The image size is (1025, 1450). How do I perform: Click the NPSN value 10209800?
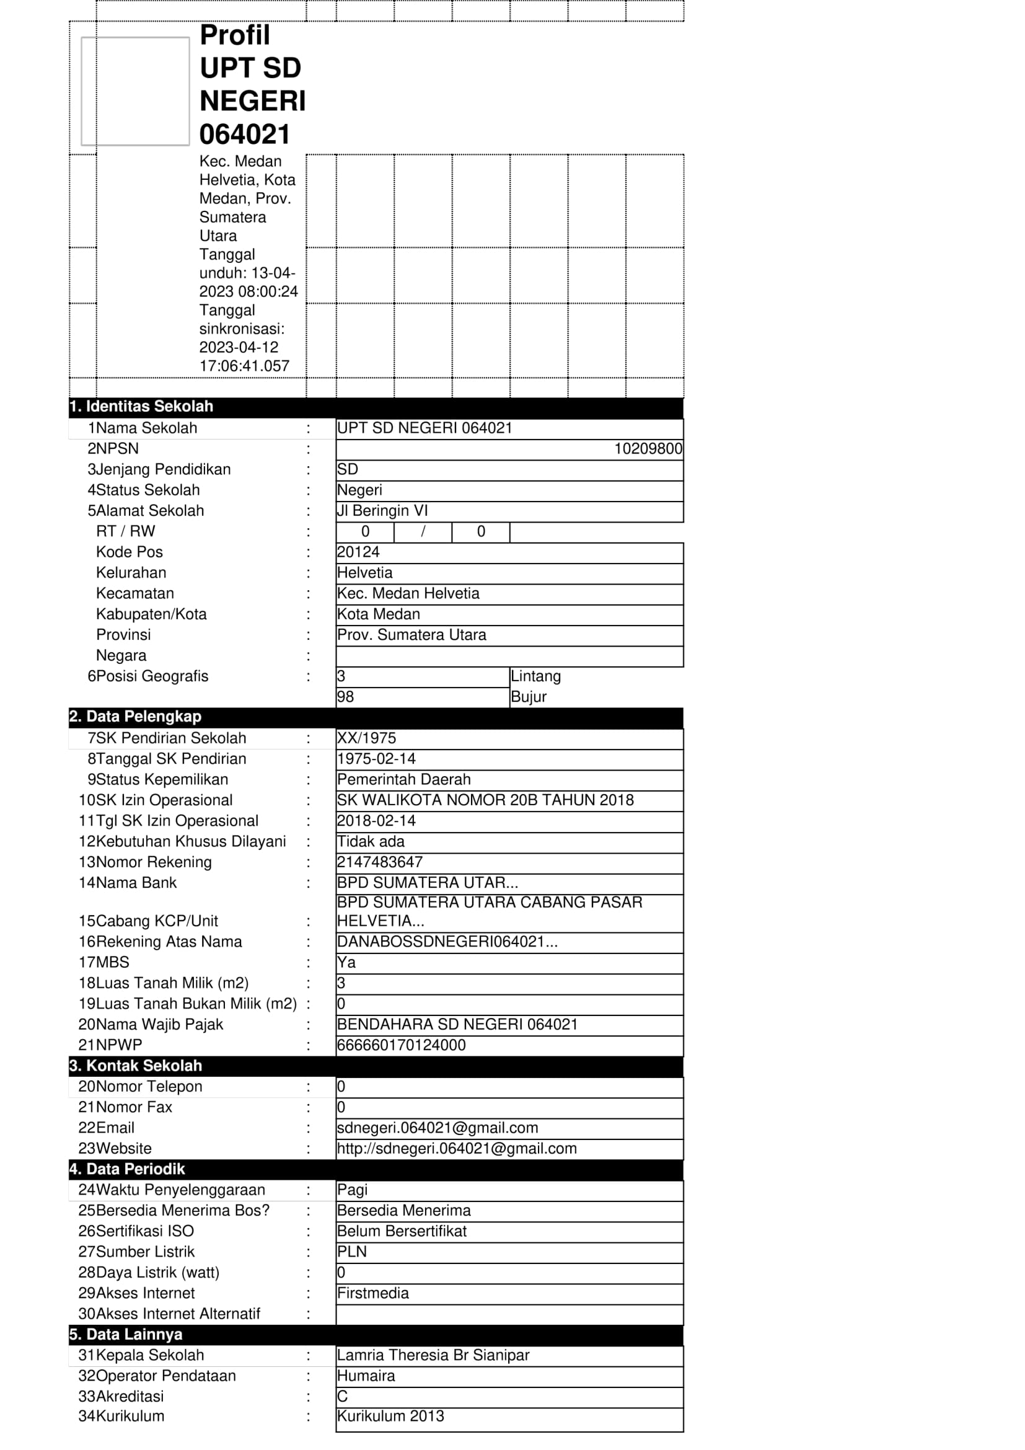(x=648, y=449)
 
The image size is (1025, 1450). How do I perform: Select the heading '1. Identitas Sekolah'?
(x=141, y=407)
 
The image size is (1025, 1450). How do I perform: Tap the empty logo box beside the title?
(x=135, y=92)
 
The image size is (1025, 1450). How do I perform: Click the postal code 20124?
(x=358, y=552)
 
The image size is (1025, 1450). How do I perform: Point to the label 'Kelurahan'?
(x=131, y=573)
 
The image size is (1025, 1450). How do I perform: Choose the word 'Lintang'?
(x=535, y=676)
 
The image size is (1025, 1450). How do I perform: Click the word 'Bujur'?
(x=528, y=697)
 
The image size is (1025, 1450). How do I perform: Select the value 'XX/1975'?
(x=367, y=738)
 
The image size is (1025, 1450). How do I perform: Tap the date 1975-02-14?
(x=376, y=759)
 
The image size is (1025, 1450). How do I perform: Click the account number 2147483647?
(x=380, y=863)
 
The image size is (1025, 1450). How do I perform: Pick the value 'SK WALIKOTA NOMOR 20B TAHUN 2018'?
(x=485, y=800)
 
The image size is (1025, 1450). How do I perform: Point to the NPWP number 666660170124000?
(x=402, y=1045)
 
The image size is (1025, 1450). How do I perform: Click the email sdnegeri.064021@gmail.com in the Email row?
(x=438, y=1128)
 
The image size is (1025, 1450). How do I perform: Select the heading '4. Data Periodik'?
(x=127, y=1170)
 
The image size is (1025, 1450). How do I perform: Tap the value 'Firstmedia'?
(x=373, y=1293)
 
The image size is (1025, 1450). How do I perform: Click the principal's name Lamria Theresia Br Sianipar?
(x=433, y=1355)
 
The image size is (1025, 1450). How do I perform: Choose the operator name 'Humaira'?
(x=366, y=1376)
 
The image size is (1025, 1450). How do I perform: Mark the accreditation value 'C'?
(x=342, y=1396)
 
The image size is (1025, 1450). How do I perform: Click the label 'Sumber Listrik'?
(x=145, y=1252)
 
